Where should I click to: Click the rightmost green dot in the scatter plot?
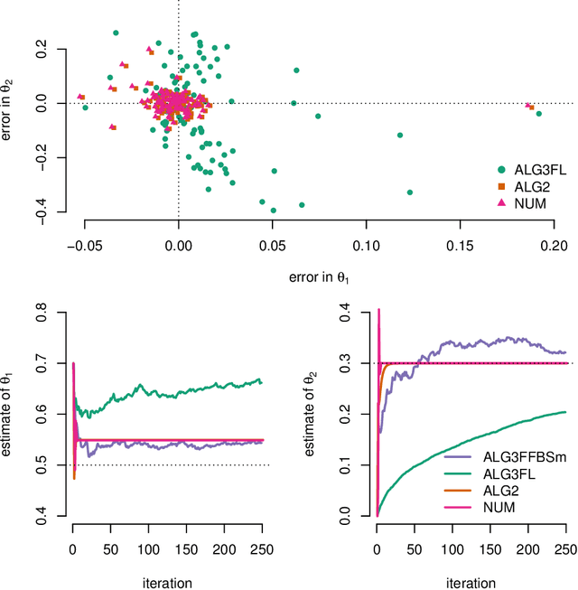(x=538, y=114)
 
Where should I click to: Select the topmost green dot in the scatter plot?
(x=116, y=33)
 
